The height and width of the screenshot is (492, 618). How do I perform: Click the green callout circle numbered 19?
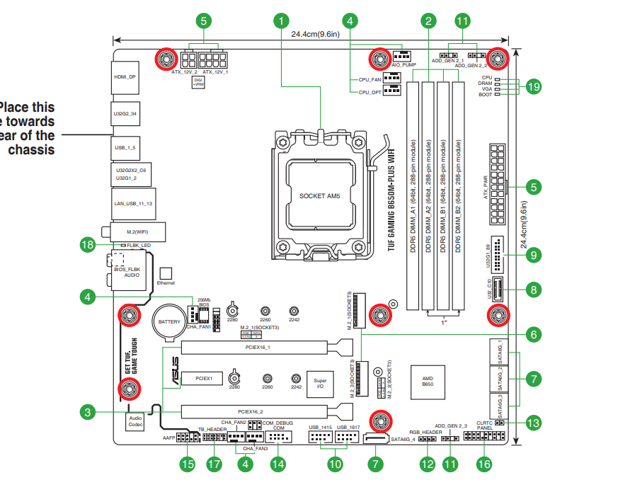click(533, 86)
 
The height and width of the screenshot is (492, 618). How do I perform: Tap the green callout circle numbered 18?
click(88, 245)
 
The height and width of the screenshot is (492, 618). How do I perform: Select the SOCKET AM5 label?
click(319, 195)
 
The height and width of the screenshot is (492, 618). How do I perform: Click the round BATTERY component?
click(170, 321)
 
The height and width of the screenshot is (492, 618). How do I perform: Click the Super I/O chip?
click(320, 383)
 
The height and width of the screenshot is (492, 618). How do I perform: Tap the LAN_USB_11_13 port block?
click(133, 203)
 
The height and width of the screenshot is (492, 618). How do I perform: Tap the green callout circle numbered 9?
click(533, 255)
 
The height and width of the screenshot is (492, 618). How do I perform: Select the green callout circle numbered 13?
click(533, 423)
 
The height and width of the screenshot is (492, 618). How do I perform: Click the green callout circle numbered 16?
click(484, 464)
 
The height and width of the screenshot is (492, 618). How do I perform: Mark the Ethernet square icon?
click(166, 273)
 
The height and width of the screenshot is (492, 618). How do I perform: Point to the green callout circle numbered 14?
click(278, 464)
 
